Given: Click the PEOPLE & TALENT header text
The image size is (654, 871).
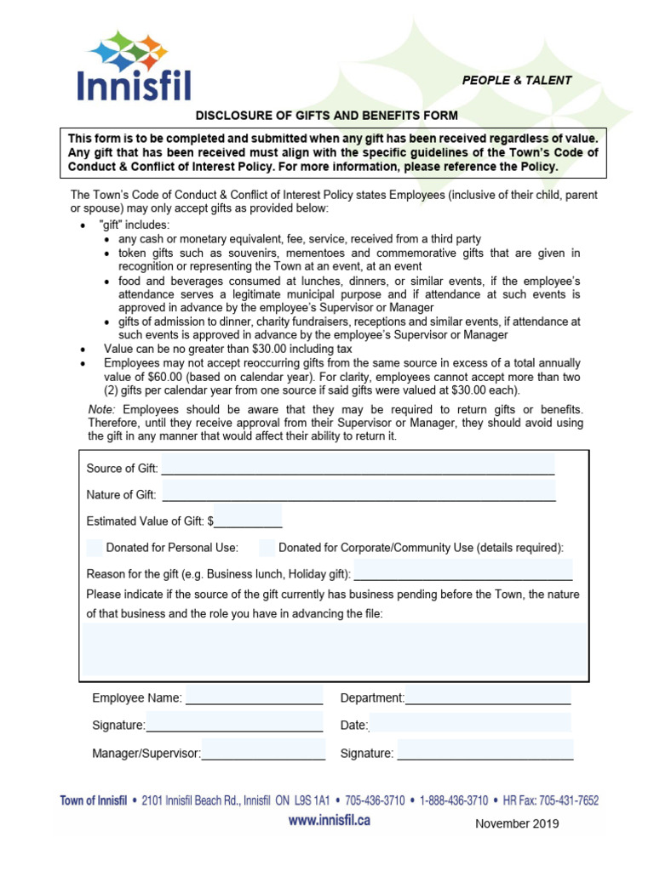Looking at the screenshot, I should click(x=516, y=81).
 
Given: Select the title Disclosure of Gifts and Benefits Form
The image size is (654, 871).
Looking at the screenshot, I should click(x=327, y=115).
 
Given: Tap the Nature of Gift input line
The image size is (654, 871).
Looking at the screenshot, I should click(x=358, y=493).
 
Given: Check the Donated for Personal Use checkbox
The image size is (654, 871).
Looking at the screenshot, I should click(x=95, y=547).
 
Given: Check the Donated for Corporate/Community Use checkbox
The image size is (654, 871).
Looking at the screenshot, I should click(x=267, y=547).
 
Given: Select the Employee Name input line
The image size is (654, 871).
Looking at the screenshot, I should click(x=254, y=698).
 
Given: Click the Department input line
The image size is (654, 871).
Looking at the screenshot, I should click(x=487, y=698).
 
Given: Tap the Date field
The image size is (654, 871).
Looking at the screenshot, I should click(x=469, y=725).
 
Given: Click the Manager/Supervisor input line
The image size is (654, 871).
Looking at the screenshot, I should click(x=263, y=753).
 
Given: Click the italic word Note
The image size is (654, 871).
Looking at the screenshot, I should click(x=101, y=409).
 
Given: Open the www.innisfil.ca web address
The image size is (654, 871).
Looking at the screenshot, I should click(x=329, y=821).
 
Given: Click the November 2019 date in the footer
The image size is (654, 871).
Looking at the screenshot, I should click(x=517, y=823).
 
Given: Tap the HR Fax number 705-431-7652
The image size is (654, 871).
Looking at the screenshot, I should click(x=569, y=800).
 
